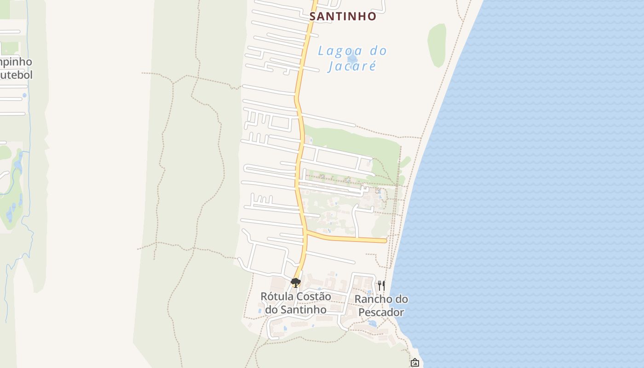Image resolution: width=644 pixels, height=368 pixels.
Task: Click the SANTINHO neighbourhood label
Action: click(343, 17)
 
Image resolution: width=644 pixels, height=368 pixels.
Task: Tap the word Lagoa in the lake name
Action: click(337, 51)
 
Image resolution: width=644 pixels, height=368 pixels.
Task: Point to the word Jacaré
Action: click(352, 66)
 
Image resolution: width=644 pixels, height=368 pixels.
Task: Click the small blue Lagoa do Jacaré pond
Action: click(352, 58)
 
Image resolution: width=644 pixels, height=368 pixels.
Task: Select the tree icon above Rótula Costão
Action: click(296, 282)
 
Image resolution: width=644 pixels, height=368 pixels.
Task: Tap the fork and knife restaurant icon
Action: click(381, 285)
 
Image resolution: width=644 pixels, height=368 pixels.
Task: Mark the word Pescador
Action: click(381, 312)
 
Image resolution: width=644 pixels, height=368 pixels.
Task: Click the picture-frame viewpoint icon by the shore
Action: click(414, 362)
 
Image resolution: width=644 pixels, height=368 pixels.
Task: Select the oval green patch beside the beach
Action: click(437, 45)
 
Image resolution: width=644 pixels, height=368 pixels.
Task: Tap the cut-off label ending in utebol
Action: click(16, 75)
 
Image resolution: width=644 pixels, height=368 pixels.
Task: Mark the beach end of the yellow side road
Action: click(385, 241)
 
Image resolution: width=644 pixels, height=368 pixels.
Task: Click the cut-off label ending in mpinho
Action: click(16, 62)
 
